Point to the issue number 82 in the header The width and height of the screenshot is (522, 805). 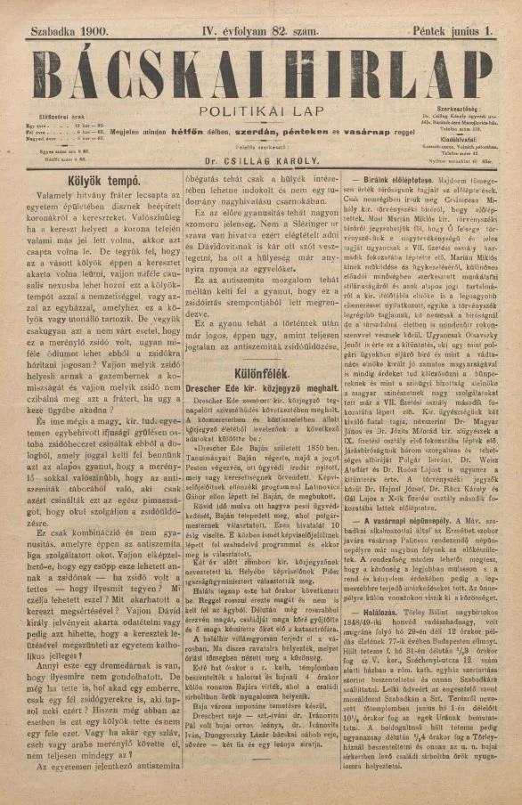tap(283, 32)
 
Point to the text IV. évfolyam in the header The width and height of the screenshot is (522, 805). tap(235, 32)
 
